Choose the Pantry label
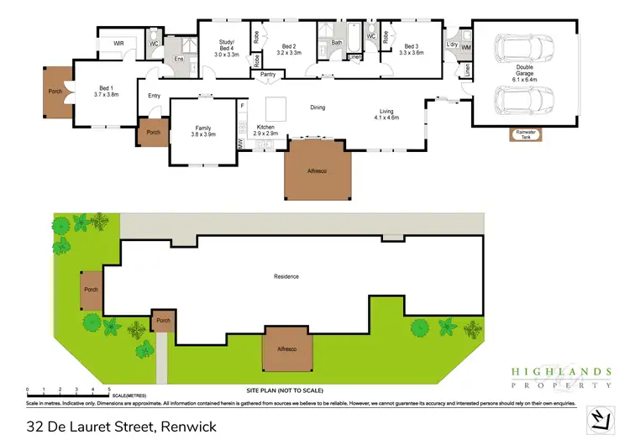pyautogui.click(x=268, y=75)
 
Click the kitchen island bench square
pyautogui.click(x=277, y=108)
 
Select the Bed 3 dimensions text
pyautogui.click(x=411, y=53)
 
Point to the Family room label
pyautogui.click(x=203, y=129)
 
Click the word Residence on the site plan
pyautogui.click(x=286, y=276)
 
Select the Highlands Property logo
pyautogui.click(x=561, y=377)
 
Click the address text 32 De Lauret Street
pyautogui.click(x=121, y=427)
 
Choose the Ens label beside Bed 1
pyautogui.click(x=179, y=59)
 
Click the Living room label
pyautogui.click(x=386, y=113)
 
